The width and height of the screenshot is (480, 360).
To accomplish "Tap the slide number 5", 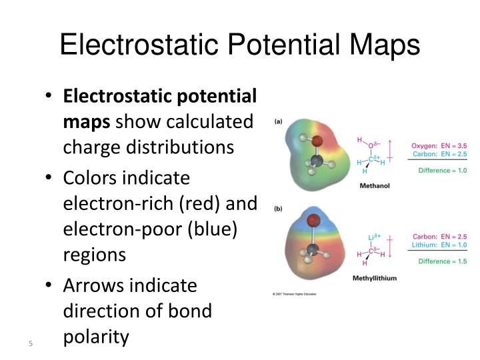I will (x=31, y=343).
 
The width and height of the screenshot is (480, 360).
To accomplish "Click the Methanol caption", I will (x=374, y=185).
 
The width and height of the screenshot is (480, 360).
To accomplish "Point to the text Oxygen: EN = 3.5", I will (x=438, y=145).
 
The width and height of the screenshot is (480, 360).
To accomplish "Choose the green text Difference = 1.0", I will (x=442, y=170).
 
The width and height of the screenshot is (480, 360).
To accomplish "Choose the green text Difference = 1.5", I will (x=442, y=261).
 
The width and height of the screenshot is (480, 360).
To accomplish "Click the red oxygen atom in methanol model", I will (x=317, y=141).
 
